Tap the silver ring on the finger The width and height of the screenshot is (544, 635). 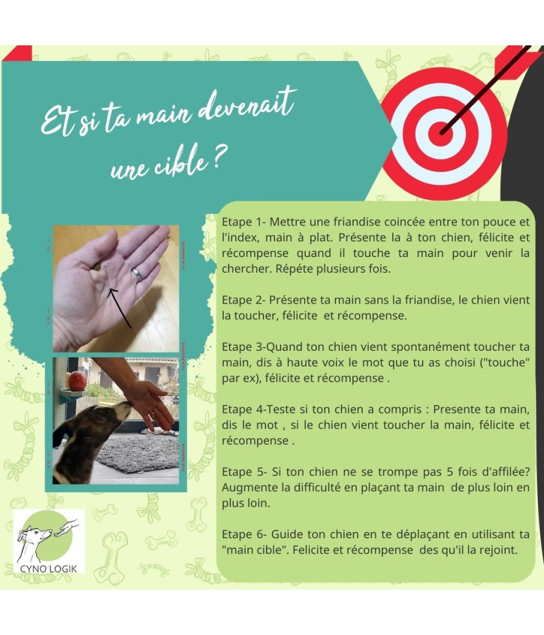point(137,273)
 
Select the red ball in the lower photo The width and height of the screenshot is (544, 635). point(77,381)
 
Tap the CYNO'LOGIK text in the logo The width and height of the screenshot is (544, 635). point(48,568)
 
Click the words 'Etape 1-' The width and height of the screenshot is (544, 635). point(243,222)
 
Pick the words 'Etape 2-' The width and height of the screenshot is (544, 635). point(243,300)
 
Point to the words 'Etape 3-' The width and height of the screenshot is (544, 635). point(243,347)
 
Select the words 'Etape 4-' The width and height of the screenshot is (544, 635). point(243,409)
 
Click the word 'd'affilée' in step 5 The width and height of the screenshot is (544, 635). point(501,472)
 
